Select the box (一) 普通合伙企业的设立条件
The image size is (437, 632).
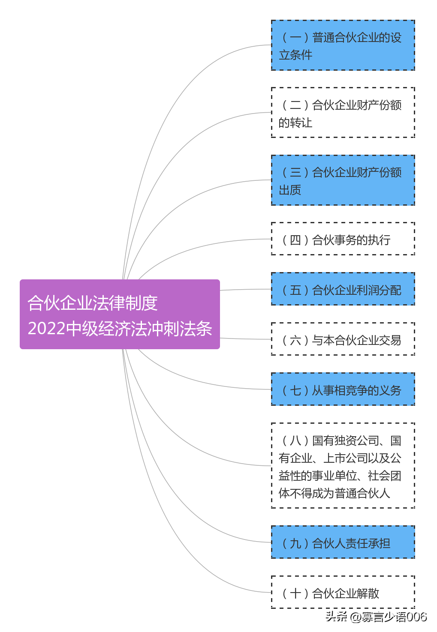343,45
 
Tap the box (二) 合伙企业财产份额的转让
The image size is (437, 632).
343,113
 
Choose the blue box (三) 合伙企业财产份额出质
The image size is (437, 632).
343,180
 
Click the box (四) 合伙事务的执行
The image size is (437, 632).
343,239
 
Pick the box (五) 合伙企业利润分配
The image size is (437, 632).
343,289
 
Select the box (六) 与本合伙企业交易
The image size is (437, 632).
343,339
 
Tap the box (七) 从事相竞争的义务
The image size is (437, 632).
343,389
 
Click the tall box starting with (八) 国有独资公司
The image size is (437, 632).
343,466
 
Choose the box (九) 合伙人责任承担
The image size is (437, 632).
343,542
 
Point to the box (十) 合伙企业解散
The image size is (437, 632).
343,593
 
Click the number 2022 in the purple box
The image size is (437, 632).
47,329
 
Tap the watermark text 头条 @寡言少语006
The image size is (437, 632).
376,617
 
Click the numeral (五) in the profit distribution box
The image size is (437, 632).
295,290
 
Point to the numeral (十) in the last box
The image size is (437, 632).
295,593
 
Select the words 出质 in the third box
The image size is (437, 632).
290,190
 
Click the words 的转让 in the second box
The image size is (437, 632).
295,123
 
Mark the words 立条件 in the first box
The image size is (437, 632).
295,55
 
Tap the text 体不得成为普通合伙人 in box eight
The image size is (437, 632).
334,493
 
